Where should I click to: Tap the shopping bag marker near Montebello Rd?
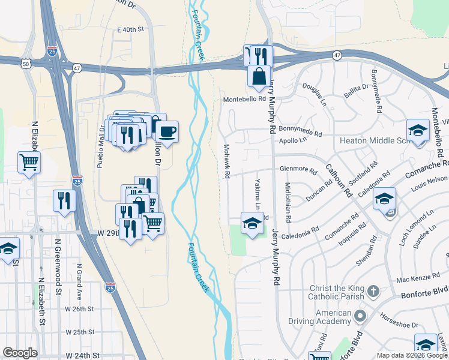[259, 76]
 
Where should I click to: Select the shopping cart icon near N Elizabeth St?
[29, 161]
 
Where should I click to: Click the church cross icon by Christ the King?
[373, 292]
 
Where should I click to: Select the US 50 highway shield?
[26, 62]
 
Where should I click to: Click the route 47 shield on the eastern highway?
[338, 55]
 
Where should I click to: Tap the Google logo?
[20, 353]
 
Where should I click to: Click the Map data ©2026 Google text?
[411, 355]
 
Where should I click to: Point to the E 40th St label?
[131, 29]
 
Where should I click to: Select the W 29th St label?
[104, 232]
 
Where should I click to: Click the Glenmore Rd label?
[298, 170]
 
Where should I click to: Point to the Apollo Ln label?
[294, 141]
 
